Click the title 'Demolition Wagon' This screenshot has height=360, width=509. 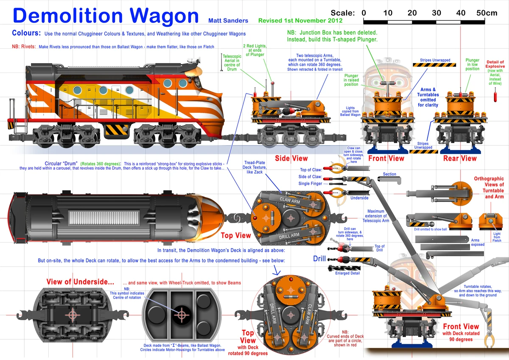[106, 16]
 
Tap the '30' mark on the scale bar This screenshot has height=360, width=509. [436, 13]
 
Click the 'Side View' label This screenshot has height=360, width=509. [291, 158]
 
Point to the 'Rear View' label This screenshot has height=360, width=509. [460, 158]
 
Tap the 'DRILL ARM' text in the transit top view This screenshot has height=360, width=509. [289, 235]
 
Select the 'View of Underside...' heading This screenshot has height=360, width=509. [80, 282]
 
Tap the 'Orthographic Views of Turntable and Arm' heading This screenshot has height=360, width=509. [489, 187]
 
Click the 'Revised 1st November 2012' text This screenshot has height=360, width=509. [300, 20]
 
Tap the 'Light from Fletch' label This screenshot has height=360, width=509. [497, 237]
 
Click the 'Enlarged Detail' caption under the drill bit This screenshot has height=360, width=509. [347, 273]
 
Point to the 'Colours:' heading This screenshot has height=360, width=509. [26, 33]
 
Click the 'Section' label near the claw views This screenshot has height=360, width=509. [389, 174]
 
